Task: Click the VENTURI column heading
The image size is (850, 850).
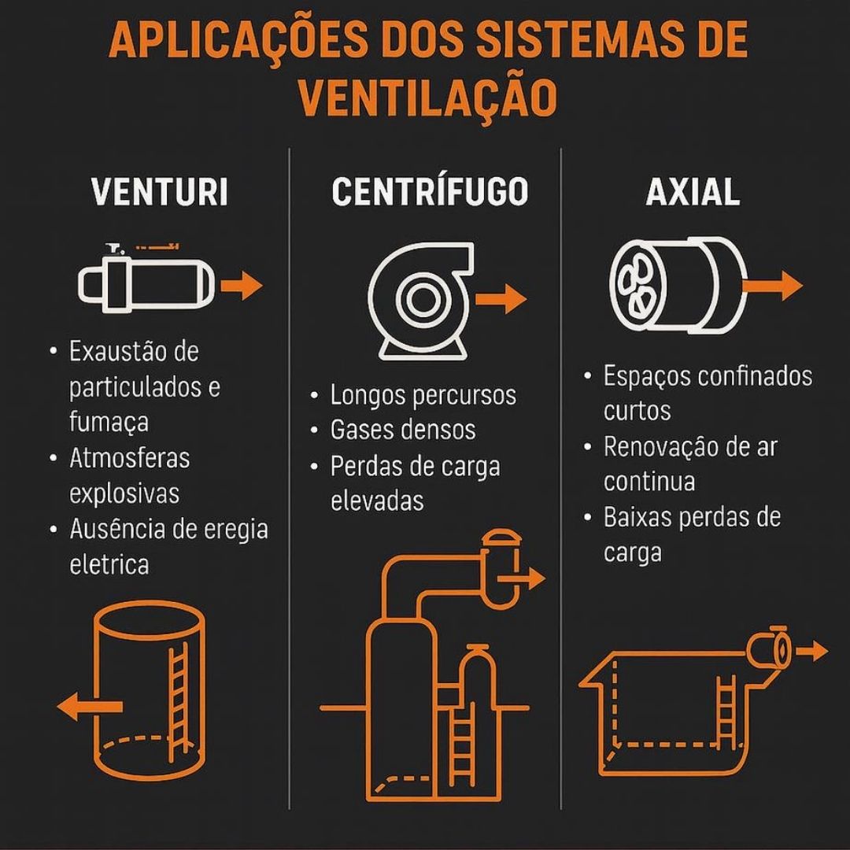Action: point(159,192)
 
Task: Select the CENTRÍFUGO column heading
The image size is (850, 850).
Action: point(430,191)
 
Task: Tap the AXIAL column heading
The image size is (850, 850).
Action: point(693,192)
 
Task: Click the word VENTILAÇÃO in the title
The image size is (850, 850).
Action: point(428,97)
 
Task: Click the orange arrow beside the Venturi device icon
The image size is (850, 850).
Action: point(242,285)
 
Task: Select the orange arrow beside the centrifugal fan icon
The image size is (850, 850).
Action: point(501,299)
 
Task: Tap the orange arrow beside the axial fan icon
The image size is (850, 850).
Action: point(773,285)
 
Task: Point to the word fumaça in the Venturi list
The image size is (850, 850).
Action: point(109,423)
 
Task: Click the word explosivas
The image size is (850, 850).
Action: point(124,493)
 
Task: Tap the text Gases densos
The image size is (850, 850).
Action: point(403,430)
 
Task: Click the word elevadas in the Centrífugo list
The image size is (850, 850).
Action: point(377,501)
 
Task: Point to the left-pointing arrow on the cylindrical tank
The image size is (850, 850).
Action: point(90,706)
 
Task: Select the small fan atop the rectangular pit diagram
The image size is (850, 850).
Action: point(770,648)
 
